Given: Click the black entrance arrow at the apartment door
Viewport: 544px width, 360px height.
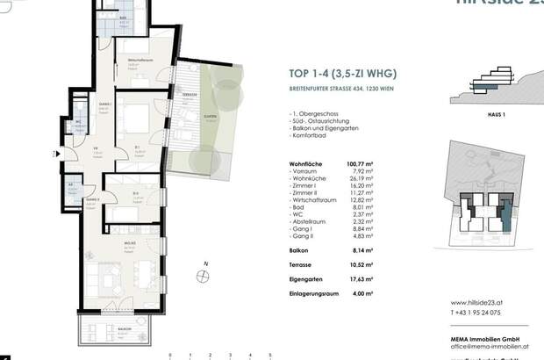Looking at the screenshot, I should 59,153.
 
